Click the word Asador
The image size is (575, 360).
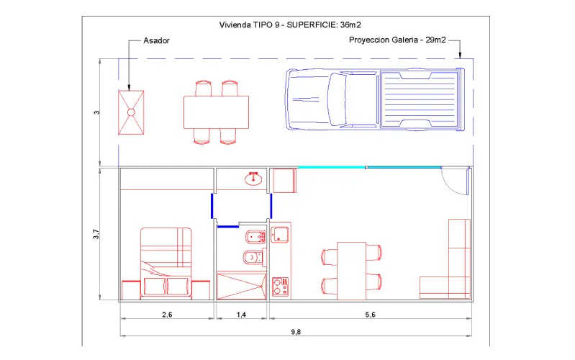(x=156, y=40)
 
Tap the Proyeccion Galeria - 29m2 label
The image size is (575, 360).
(x=397, y=40)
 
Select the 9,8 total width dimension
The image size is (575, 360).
(x=296, y=332)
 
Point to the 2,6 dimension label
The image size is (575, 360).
(x=167, y=315)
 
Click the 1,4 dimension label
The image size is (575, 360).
(x=241, y=315)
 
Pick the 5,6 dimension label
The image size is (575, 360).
(x=371, y=315)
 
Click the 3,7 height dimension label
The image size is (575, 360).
(x=96, y=234)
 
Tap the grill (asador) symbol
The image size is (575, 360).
(x=131, y=112)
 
